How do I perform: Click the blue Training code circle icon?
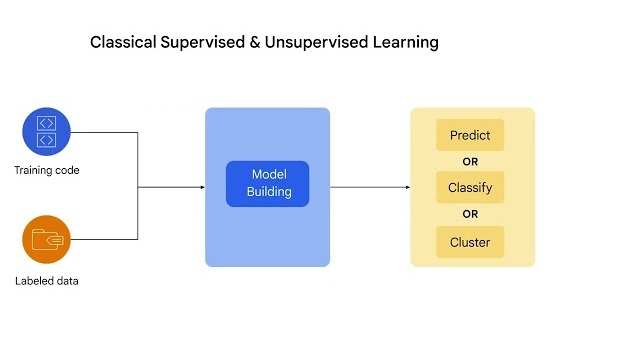click(x=47, y=132)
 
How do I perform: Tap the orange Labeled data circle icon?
click(x=47, y=240)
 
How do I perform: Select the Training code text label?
click(x=47, y=170)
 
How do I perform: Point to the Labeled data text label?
click(x=47, y=280)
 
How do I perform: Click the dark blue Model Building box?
click(x=268, y=184)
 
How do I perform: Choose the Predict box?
click(x=470, y=135)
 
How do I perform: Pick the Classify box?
click(x=470, y=187)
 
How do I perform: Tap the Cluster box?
click(x=470, y=241)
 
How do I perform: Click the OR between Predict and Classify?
click(x=470, y=161)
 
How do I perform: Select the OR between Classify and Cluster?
click(x=470, y=214)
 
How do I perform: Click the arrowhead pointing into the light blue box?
click(x=200, y=186)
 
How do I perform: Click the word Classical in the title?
click(x=123, y=43)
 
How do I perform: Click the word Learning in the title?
click(x=406, y=43)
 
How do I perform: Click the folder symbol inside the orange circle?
click(x=47, y=240)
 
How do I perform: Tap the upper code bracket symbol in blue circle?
click(x=47, y=124)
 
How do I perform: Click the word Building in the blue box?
click(x=268, y=192)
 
